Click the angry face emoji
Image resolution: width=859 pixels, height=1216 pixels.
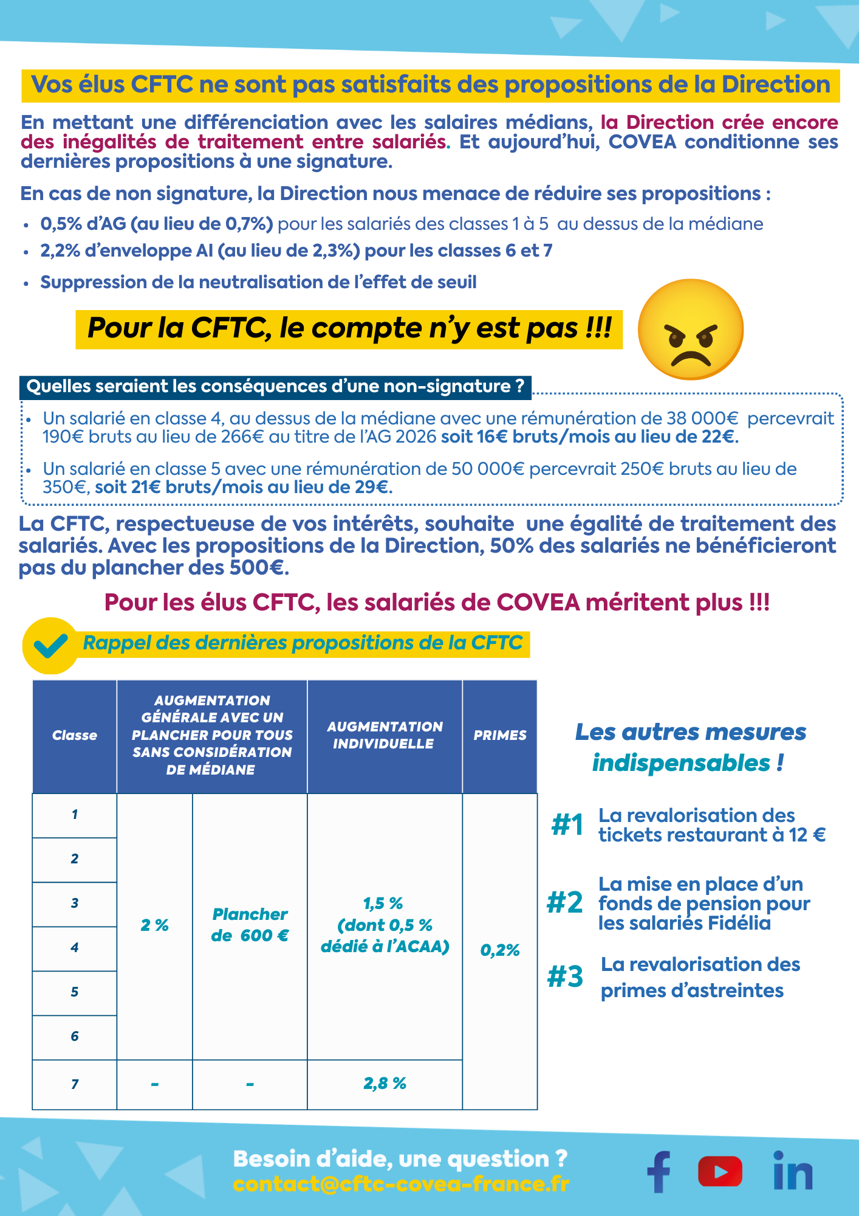(691, 330)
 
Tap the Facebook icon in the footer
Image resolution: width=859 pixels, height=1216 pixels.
(659, 1172)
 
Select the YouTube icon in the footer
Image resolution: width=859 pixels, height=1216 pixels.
(720, 1172)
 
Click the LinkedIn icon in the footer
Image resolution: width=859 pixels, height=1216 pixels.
(792, 1170)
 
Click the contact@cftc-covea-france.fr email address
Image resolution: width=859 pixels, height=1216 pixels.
(401, 1184)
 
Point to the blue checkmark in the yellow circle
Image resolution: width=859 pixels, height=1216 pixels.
(50, 646)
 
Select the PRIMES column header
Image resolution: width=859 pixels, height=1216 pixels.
(500, 736)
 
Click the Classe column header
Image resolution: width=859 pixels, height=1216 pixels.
(74, 736)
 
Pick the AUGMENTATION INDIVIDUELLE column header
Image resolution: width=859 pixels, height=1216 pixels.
(385, 735)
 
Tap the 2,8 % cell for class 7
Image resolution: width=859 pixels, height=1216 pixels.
(385, 1083)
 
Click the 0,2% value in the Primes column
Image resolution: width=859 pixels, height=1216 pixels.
(500, 950)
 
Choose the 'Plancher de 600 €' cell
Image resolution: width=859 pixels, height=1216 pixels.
(250, 925)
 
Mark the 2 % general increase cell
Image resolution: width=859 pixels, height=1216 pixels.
(154, 925)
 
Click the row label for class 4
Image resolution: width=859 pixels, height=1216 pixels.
(74, 947)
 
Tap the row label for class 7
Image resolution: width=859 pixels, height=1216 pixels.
(74, 1084)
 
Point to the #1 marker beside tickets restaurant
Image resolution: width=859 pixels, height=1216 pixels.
(567, 825)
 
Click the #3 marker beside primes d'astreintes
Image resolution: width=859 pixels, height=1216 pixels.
(565, 977)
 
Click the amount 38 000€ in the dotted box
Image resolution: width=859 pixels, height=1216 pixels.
(702, 418)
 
